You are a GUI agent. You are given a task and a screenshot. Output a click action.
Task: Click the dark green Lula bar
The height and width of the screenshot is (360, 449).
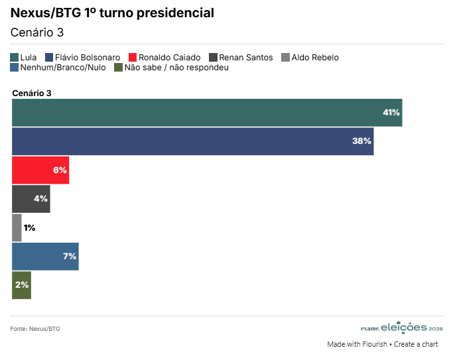[x=207, y=112]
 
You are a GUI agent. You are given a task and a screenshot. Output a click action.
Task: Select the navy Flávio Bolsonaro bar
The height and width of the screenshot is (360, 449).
[x=192, y=141]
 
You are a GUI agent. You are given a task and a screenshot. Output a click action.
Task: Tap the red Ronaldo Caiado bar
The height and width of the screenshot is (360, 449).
[x=40, y=170]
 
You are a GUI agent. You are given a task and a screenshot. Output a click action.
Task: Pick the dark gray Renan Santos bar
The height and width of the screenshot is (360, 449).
[x=31, y=199]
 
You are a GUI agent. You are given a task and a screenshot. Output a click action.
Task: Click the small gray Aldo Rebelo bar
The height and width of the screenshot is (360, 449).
[x=17, y=228]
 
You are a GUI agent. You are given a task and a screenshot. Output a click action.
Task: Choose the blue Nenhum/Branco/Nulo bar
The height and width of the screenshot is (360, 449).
[x=45, y=257]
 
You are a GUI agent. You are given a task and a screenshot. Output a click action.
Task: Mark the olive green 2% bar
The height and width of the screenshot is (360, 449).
[x=21, y=285]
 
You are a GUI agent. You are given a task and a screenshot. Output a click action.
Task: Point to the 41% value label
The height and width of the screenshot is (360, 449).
[x=391, y=113]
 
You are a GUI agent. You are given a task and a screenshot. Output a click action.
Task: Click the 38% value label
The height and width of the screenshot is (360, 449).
[x=362, y=141]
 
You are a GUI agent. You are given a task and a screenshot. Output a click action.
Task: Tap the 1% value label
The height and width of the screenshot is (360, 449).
[x=29, y=228]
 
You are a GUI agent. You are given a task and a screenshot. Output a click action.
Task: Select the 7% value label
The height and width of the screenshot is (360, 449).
[x=70, y=257]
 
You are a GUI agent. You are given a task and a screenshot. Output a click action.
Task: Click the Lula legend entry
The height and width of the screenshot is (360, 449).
[x=24, y=58]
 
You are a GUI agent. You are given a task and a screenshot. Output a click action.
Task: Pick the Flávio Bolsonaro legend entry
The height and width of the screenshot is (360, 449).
[x=83, y=58]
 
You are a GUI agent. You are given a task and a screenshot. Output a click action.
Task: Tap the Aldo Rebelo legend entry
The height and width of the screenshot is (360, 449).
[x=310, y=58]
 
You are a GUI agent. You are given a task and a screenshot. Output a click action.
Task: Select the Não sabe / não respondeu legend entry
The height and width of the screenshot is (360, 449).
[x=172, y=68]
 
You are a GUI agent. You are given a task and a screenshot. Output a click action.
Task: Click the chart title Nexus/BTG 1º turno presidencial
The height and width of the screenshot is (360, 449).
[x=112, y=13]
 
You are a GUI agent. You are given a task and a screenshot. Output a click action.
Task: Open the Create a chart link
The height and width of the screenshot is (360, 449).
[x=417, y=345]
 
